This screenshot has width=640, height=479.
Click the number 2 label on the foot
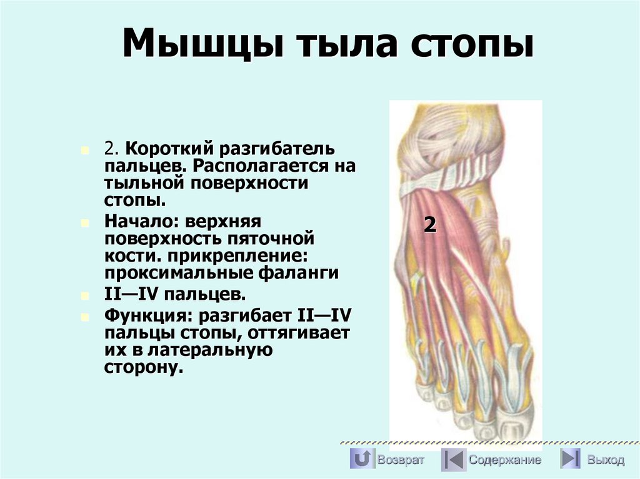click(x=429, y=225)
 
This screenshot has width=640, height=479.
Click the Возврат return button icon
click(x=361, y=460)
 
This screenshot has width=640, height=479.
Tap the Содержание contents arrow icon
click(x=453, y=460)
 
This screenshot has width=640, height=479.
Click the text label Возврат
click(x=401, y=460)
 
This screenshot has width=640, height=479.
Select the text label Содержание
click(x=505, y=460)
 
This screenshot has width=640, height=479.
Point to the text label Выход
click(x=606, y=460)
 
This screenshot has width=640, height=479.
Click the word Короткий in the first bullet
click(x=164, y=150)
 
